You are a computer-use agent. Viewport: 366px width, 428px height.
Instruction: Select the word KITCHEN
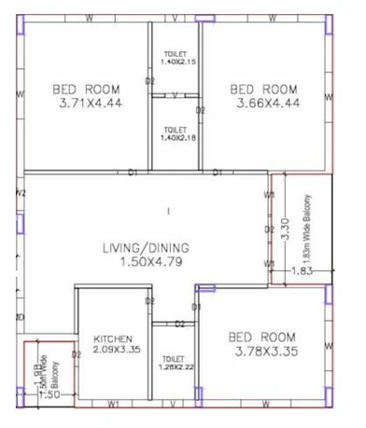click(x=112, y=338)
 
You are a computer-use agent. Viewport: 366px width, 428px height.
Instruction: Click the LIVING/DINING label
click(x=147, y=248)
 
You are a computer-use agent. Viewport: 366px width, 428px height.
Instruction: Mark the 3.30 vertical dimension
click(x=285, y=227)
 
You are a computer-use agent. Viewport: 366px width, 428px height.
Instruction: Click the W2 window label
click(x=21, y=193)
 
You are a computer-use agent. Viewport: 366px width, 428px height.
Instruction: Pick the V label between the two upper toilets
click(x=176, y=94)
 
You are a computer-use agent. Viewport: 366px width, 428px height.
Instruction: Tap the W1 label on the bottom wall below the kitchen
click(x=113, y=404)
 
